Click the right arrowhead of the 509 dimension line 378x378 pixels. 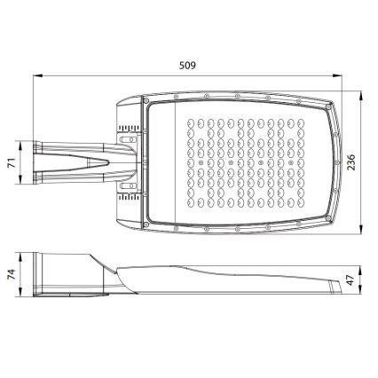point(347,76)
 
